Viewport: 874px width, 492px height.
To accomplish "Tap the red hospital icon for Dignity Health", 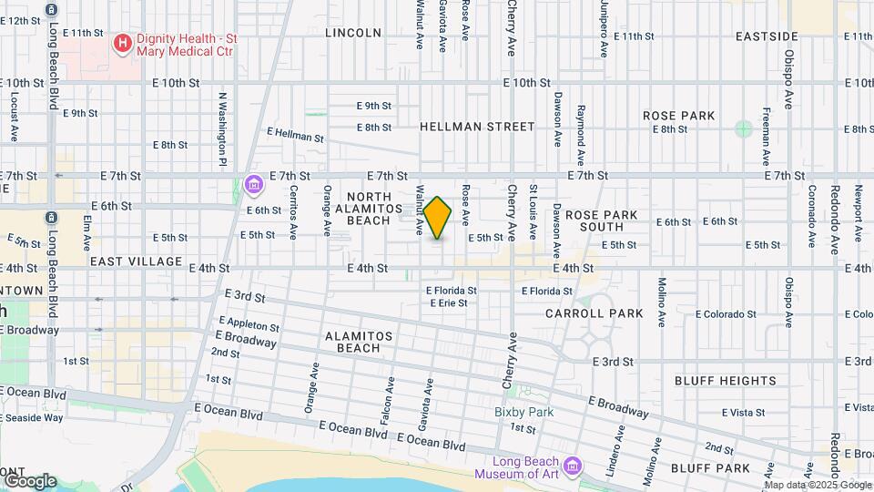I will (x=122, y=43).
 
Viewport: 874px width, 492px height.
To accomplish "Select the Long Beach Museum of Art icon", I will (x=573, y=467).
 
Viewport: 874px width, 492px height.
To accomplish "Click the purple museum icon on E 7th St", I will (x=254, y=186).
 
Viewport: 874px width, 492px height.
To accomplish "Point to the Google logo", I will (x=29, y=481).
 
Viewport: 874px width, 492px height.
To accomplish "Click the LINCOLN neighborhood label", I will (x=353, y=33).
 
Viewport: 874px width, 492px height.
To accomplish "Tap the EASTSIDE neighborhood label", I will (x=767, y=36).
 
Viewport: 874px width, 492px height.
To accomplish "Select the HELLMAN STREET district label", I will (x=477, y=128).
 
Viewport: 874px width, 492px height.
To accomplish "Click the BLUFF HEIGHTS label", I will (x=726, y=381).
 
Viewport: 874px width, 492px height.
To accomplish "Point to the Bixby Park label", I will (x=524, y=412).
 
